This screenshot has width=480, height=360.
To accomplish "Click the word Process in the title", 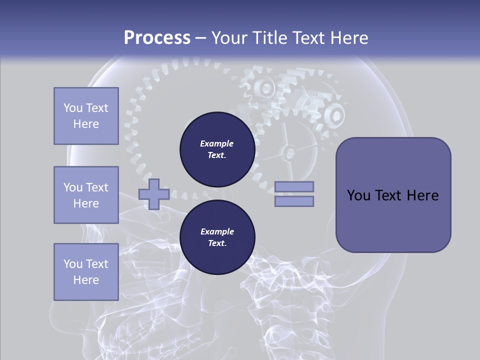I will tap(157, 37).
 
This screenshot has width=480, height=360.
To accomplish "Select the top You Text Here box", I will tap(86, 116).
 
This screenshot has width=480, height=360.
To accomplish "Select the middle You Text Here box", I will tap(86, 195).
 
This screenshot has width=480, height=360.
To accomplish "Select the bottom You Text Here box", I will tap(86, 271).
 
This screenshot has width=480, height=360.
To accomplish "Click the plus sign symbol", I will tap(154, 194).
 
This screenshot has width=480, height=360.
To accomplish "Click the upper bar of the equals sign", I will tap(294, 186).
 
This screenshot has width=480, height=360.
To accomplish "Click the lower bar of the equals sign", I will tap(294, 201).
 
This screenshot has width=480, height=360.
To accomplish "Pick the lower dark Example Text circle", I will tap(217, 237).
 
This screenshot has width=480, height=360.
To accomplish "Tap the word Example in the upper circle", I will tap(217, 143).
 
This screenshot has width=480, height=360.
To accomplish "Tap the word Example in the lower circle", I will tap(217, 231).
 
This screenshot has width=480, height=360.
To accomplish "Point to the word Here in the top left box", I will tap(86, 124).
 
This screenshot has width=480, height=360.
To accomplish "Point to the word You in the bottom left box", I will tap(73, 264).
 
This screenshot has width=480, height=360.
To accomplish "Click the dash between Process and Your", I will tap(200, 38).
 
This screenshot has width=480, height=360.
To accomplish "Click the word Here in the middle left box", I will tap(86, 203).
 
